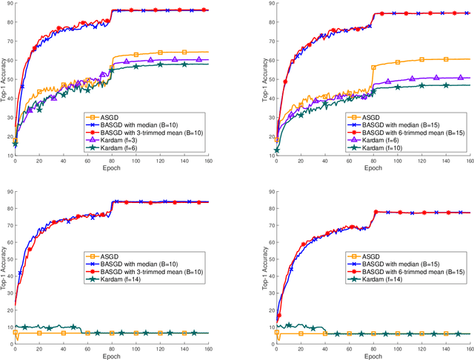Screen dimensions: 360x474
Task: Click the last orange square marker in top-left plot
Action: point(184,52)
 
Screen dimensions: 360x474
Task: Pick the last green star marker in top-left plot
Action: point(184,64)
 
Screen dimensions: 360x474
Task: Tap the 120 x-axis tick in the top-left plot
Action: point(160,160)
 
